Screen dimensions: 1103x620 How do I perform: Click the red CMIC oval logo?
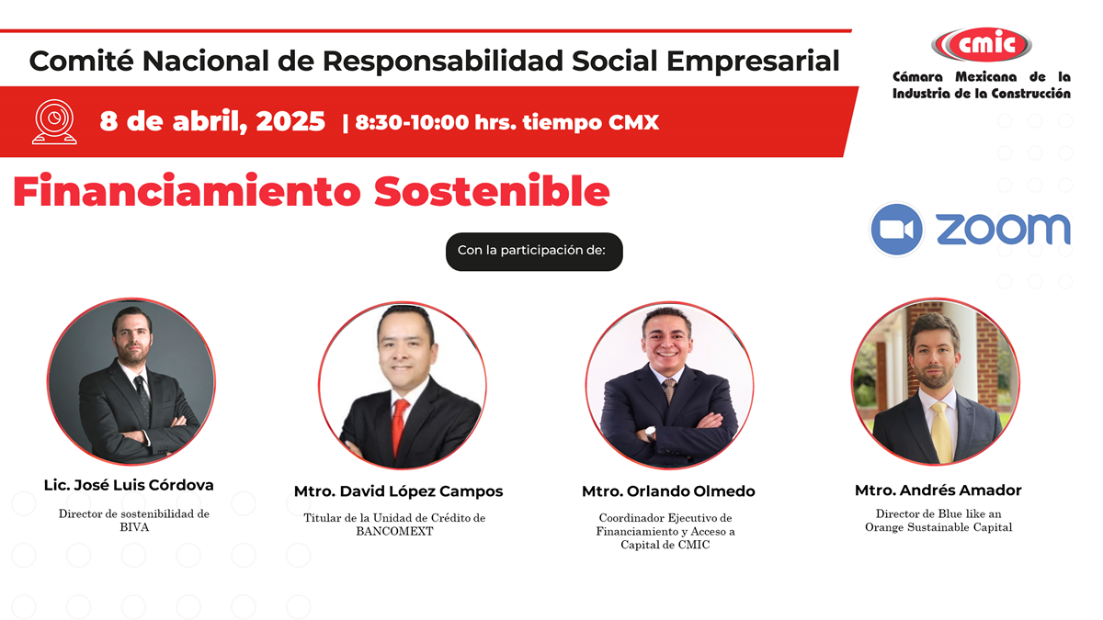[981, 44]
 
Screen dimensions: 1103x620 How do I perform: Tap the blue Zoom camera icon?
[896, 230]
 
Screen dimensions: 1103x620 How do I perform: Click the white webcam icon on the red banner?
[54, 122]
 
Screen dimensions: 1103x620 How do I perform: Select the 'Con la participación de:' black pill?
[534, 252]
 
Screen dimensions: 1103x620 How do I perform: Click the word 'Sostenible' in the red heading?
[492, 191]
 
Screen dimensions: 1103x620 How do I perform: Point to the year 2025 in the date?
[290, 121]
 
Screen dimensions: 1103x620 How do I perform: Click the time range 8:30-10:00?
[412, 122]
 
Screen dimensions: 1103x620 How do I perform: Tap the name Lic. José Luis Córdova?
[129, 485]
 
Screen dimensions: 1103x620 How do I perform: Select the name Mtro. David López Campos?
[398, 491]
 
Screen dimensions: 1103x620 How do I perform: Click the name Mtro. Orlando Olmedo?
[668, 491]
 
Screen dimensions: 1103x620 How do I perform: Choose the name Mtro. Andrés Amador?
[938, 490]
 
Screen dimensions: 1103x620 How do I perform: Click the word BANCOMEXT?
[394, 532]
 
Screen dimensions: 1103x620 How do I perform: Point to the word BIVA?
[134, 527]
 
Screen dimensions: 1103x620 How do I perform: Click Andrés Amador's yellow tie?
[941, 432]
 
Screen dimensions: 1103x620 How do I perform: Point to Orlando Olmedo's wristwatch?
[651, 433]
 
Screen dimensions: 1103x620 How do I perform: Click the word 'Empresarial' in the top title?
[753, 61]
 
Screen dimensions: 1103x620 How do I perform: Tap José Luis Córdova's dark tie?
[142, 398]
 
